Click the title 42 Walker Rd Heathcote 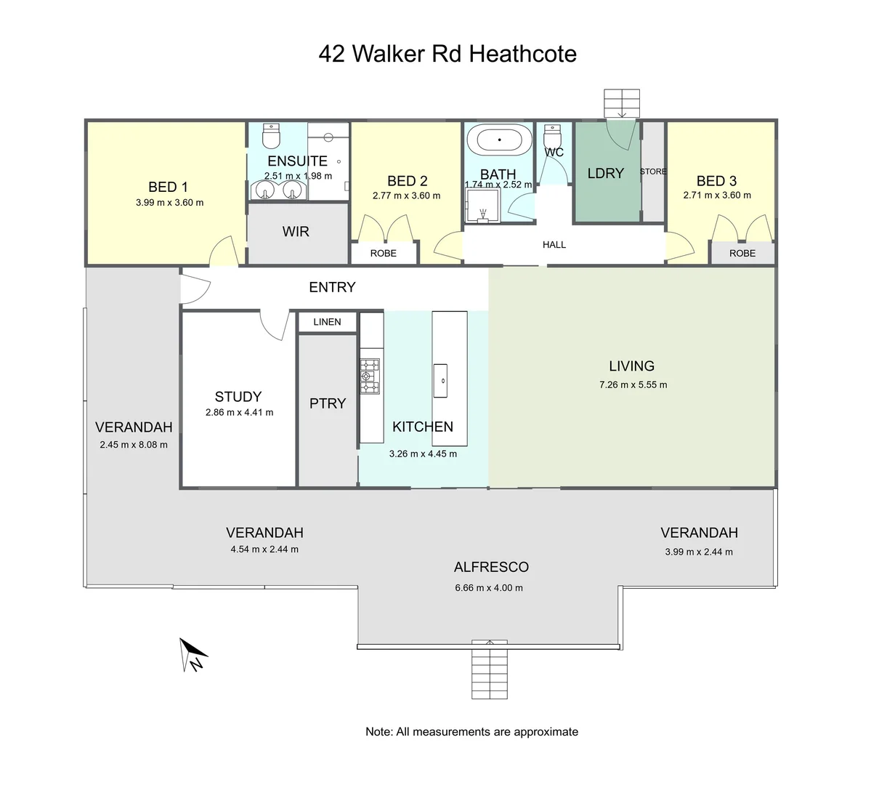pos(447,54)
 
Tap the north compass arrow pos(193,653)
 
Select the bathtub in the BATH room pos(498,139)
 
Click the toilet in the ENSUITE pos(270,135)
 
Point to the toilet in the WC pos(553,137)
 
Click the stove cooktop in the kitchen pos(370,376)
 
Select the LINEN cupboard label pos(327,322)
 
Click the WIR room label pos(296,232)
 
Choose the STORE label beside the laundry pos(653,172)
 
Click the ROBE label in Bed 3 pos(742,253)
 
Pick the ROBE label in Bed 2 pos(383,253)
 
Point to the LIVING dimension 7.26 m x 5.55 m pos(633,385)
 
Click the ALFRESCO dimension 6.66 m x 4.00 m pos(489,587)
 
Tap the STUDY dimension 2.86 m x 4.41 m pos(239,412)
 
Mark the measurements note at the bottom pos(471,732)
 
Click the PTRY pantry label pos(328,403)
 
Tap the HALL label pos(554,245)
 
